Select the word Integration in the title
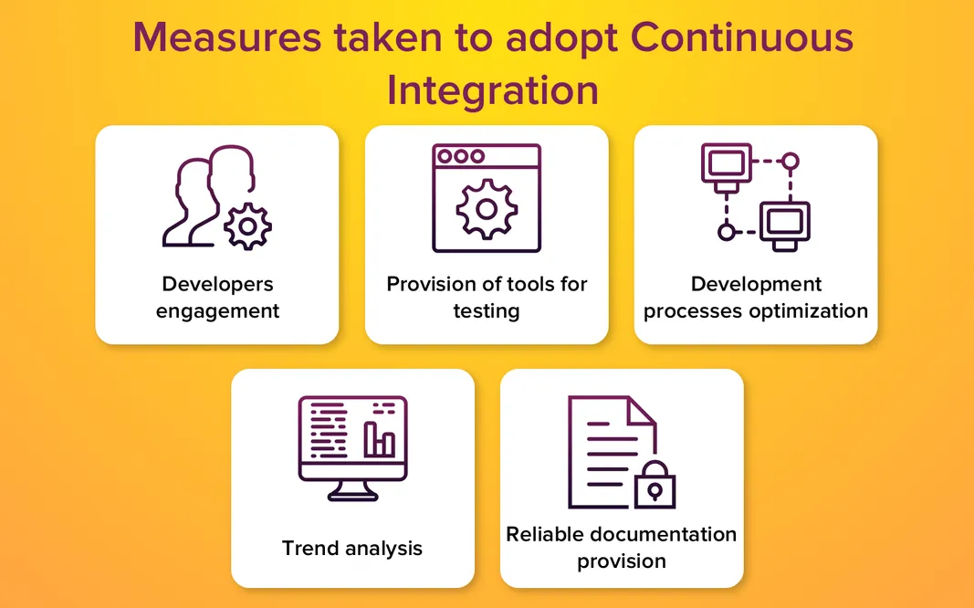492,91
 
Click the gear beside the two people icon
247,226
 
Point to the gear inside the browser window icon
487,209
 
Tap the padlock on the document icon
654,488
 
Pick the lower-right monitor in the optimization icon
784,222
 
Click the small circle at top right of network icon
791,162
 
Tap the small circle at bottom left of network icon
726,232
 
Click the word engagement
217,310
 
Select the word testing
487,310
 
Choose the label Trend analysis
352,548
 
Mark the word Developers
217,284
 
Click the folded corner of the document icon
643,411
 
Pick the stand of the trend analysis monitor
352,490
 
